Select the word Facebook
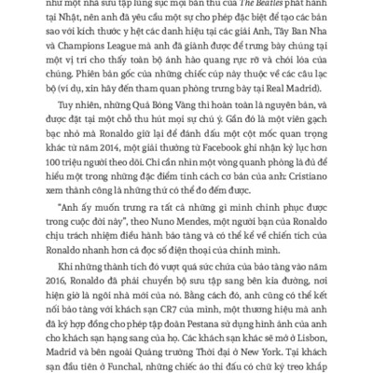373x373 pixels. (x=228, y=158)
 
